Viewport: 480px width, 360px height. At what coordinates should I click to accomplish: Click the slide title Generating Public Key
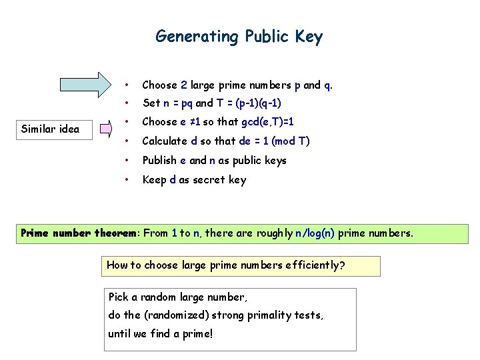[239, 36]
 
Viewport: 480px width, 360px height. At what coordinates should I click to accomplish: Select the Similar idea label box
[51, 128]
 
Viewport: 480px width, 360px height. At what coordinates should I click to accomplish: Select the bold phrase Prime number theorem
[81, 233]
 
